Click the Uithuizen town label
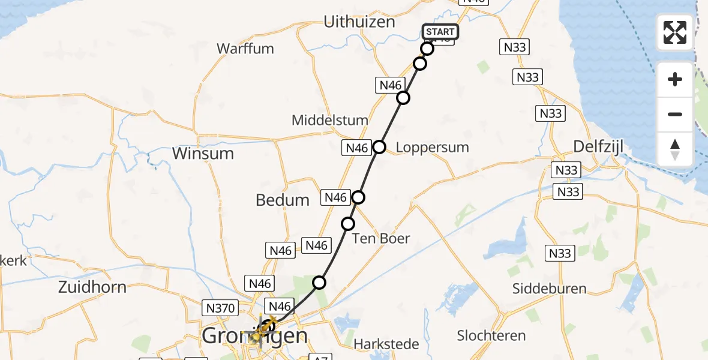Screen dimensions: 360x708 click(x=359, y=22)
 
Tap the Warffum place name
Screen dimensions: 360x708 click(x=245, y=49)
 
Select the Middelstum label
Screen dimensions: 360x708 click(x=329, y=120)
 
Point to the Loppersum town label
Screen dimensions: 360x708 click(x=432, y=147)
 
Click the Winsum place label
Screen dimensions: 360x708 click(x=203, y=153)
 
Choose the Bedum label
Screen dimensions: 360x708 click(x=283, y=200)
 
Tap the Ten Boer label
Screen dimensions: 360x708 click(x=381, y=238)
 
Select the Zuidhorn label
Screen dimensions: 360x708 click(x=92, y=287)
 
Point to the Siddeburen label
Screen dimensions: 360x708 click(x=549, y=289)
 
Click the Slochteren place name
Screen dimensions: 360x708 click(x=491, y=335)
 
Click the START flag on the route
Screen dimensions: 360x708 click(x=440, y=32)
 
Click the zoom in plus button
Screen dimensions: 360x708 click(x=675, y=79)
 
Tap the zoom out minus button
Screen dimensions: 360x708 click(x=675, y=114)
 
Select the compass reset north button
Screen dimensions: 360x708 click(x=675, y=149)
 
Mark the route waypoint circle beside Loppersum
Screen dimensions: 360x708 click(x=379, y=146)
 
